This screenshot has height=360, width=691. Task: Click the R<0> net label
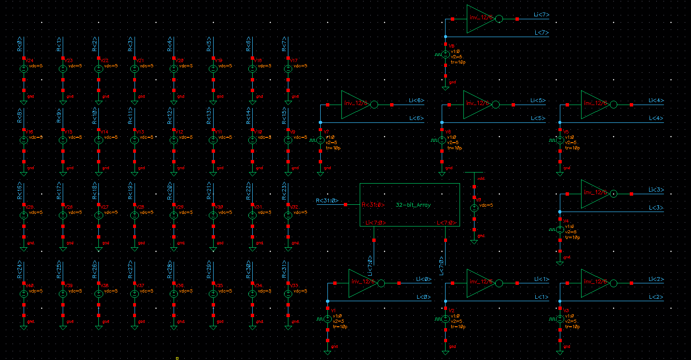click(x=20, y=44)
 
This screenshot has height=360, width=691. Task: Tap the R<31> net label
click(x=284, y=270)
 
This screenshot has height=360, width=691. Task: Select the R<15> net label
click(x=284, y=116)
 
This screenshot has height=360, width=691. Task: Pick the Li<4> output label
click(x=656, y=101)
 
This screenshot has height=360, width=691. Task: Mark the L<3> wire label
click(x=656, y=208)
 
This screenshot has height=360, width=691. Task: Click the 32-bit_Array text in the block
click(x=413, y=205)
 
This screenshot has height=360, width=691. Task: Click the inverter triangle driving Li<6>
click(x=354, y=105)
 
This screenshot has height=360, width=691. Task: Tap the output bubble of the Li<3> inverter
click(x=613, y=194)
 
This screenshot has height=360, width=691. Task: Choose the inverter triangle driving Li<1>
click(x=479, y=283)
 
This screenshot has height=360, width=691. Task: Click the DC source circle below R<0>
click(x=24, y=69)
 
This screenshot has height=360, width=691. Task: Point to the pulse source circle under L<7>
click(x=446, y=54)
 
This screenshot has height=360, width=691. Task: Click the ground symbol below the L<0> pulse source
click(x=327, y=352)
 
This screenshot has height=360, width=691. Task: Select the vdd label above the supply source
click(x=481, y=179)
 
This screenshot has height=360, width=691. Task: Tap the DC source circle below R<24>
click(x=24, y=293)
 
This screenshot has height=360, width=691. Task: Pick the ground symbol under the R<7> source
click(x=288, y=102)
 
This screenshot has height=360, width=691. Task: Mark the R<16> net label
click(x=20, y=190)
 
